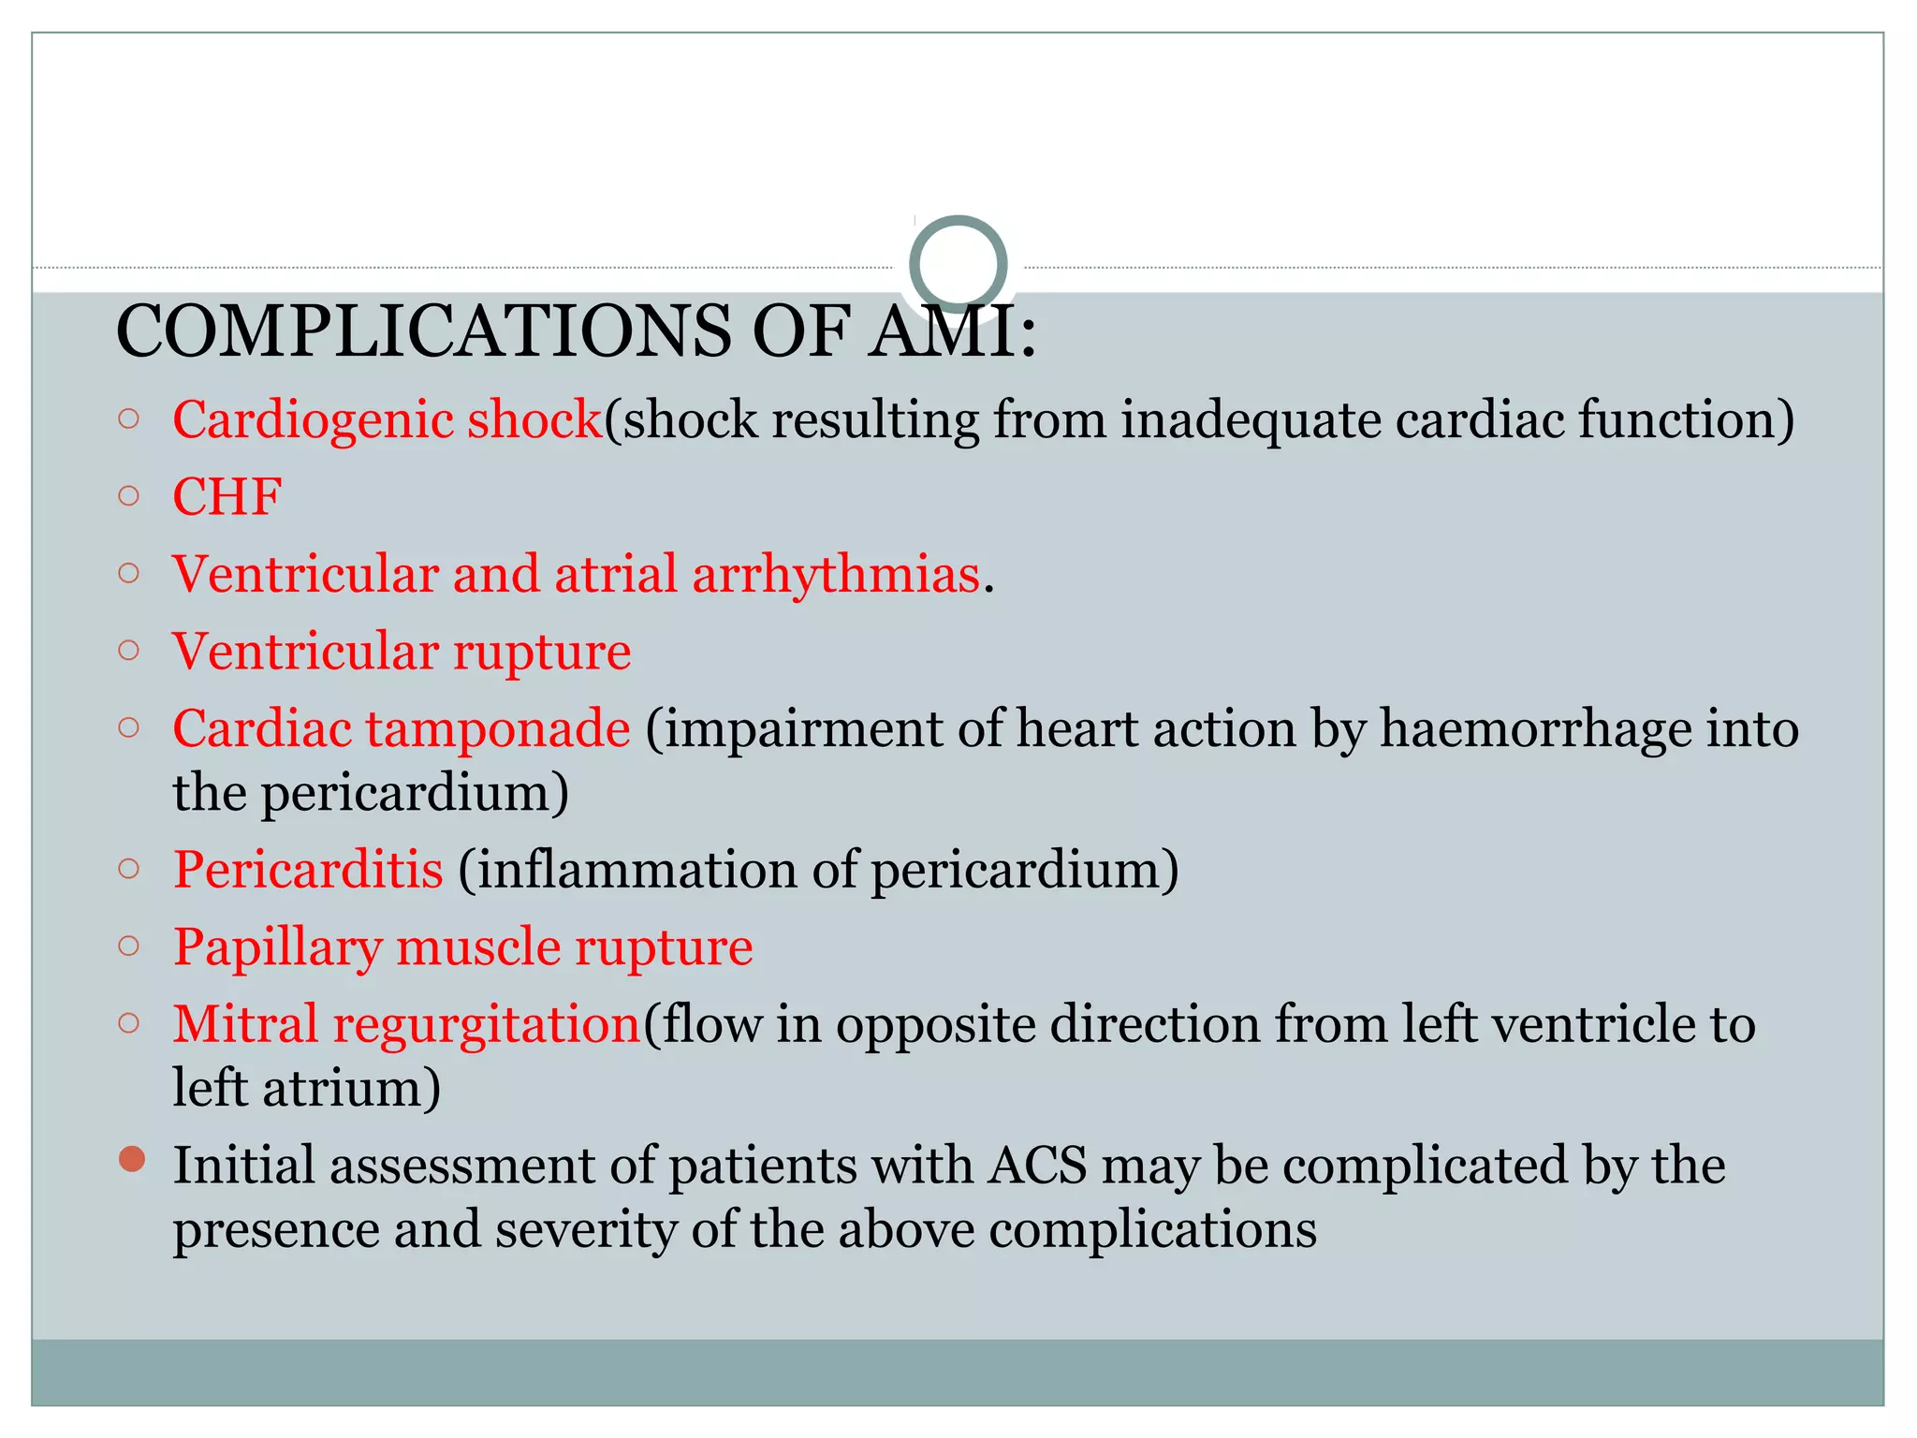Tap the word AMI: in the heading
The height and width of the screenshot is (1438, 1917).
coord(950,332)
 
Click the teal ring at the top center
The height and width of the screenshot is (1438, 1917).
coord(958,264)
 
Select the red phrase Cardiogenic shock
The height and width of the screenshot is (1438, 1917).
coord(387,419)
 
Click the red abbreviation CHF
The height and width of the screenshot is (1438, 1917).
coord(227,497)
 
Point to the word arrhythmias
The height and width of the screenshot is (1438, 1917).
coord(835,574)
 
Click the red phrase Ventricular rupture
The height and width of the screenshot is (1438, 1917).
coord(402,652)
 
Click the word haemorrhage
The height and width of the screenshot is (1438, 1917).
coord(1535,729)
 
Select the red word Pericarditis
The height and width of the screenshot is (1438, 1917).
coord(308,870)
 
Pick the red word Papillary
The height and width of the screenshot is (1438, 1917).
coord(277,947)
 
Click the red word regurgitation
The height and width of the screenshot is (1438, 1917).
coord(487,1024)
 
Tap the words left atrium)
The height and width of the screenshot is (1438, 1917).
coord(306,1089)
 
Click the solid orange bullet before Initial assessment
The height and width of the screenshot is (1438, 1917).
coord(132,1159)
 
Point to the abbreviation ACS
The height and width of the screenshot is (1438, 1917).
coord(1037,1167)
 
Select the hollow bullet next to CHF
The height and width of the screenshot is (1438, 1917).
coord(129,495)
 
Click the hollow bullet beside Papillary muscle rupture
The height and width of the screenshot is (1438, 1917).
coord(129,946)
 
